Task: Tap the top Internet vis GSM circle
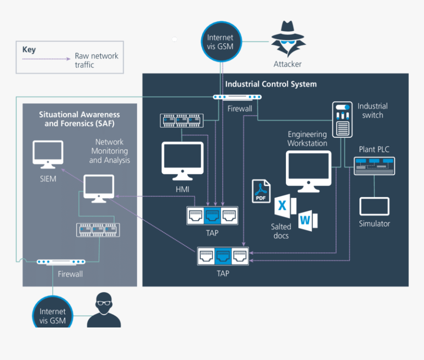tap(220, 42)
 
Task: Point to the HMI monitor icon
tap(182, 161)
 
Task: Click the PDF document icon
tap(261, 191)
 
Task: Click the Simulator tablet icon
tap(374, 207)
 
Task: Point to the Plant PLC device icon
tap(374, 165)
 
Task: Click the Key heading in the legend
tap(29, 50)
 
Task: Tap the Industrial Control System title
tap(271, 84)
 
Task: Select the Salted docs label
tap(281, 231)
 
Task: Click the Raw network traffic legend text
tap(96, 60)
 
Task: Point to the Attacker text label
tap(287, 64)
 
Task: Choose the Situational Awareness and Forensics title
tap(79, 119)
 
